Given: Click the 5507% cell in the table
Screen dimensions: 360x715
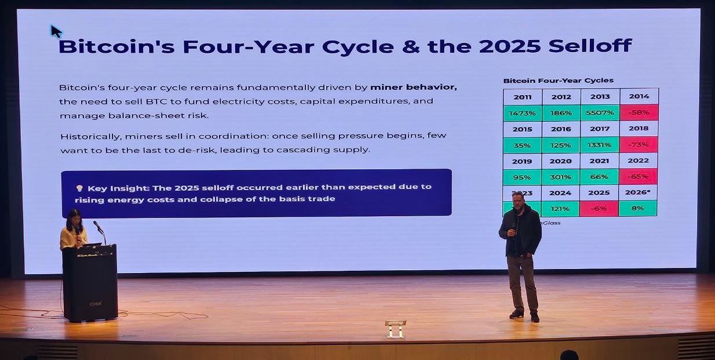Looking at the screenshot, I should pos(600,113).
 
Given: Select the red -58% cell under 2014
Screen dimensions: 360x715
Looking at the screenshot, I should pos(639,113).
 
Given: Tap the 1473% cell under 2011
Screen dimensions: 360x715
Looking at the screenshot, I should pos(522,113).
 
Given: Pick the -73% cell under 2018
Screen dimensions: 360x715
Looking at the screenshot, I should pos(639,145).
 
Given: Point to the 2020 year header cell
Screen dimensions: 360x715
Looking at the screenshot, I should pos(561,161).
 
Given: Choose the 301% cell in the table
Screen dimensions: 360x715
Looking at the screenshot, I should pos(561,177).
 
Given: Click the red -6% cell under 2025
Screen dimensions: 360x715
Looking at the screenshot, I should pos(600,208).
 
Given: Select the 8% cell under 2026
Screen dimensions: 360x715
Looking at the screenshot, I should pos(638,208).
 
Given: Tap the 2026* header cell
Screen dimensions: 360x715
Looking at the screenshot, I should pos(638,192).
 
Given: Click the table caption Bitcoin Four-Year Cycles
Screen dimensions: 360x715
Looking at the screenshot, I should pos(558,81).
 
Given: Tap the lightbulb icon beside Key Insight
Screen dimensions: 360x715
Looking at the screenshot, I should pos(79,188).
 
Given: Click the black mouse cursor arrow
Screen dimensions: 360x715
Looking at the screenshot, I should pos(55,30).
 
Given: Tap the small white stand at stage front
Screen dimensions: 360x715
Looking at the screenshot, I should pos(395,328).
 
